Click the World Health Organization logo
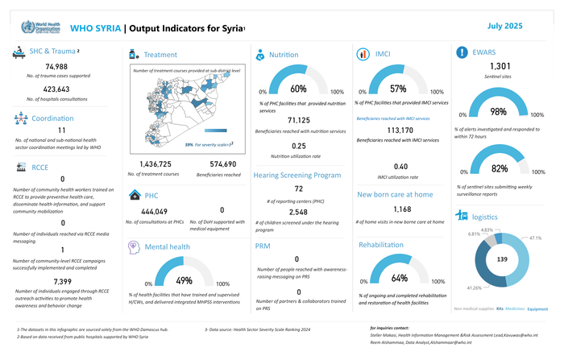click(36, 27)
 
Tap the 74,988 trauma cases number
click(56, 66)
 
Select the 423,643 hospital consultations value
click(56, 89)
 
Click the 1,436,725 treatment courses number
click(150, 163)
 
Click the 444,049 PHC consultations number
click(153, 211)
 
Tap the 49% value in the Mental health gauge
click(184, 280)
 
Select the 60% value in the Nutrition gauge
click(297, 89)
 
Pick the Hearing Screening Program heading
click(297, 175)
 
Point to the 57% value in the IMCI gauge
click(397, 89)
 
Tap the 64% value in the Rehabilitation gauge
click(399, 278)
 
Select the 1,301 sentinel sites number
click(500, 66)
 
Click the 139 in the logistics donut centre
click(501, 261)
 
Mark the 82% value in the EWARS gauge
click(499, 168)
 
